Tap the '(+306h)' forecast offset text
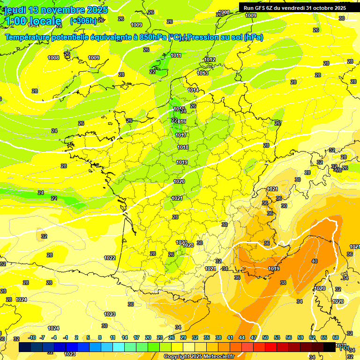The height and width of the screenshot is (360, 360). point(83,21)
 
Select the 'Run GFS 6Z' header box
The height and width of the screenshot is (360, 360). point(295,7)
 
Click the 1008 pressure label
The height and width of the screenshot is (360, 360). point(53,58)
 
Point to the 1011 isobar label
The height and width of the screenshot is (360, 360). point(176,55)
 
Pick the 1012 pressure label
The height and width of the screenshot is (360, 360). point(210,60)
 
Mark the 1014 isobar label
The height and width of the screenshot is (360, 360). point(193,90)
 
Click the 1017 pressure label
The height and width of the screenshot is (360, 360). point(181,135)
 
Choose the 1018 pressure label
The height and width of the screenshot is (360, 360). point(183,147)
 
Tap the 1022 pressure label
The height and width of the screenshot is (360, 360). point(110,258)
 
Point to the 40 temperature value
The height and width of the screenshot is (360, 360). point(314,261)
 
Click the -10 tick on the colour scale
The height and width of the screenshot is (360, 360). point(32,337)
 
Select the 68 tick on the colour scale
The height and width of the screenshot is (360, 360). point(336,337)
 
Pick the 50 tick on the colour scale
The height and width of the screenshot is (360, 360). point(265,337)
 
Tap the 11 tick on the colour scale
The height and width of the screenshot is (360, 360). point(112,337)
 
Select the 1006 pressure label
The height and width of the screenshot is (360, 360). point(225,12)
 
